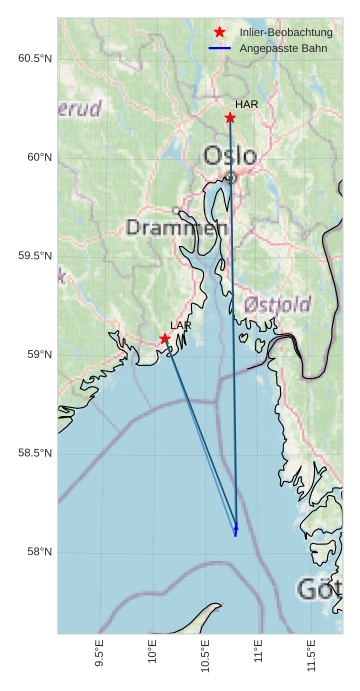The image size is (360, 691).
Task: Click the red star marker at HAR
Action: tap(230, 118)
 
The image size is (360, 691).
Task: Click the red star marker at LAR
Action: tap(165, 339)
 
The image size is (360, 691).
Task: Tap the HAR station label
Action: tap(247, 104)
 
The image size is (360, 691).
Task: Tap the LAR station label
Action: tap(181, 325)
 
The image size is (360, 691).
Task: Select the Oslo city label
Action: tap(230, 155)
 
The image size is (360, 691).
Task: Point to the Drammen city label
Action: tap(177, 228)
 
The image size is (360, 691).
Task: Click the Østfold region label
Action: tap(277, 303)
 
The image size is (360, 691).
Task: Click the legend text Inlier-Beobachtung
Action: tap(286, 33)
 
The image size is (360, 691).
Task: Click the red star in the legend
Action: tap(220, 33)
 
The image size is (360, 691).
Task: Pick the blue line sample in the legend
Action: tap(220, 48)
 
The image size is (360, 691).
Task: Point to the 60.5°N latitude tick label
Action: tap(35, 58)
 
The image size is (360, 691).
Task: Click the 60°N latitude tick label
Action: tap(38, 157)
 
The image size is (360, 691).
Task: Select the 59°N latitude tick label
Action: tap(38, 355)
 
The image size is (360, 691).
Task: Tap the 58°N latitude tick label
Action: tap(38, 552)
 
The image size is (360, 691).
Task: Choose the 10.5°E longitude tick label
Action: tap(205, 654)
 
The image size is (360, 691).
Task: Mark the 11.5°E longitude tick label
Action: tap(312, 654)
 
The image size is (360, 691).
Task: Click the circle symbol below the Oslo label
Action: tap(231, 177)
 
